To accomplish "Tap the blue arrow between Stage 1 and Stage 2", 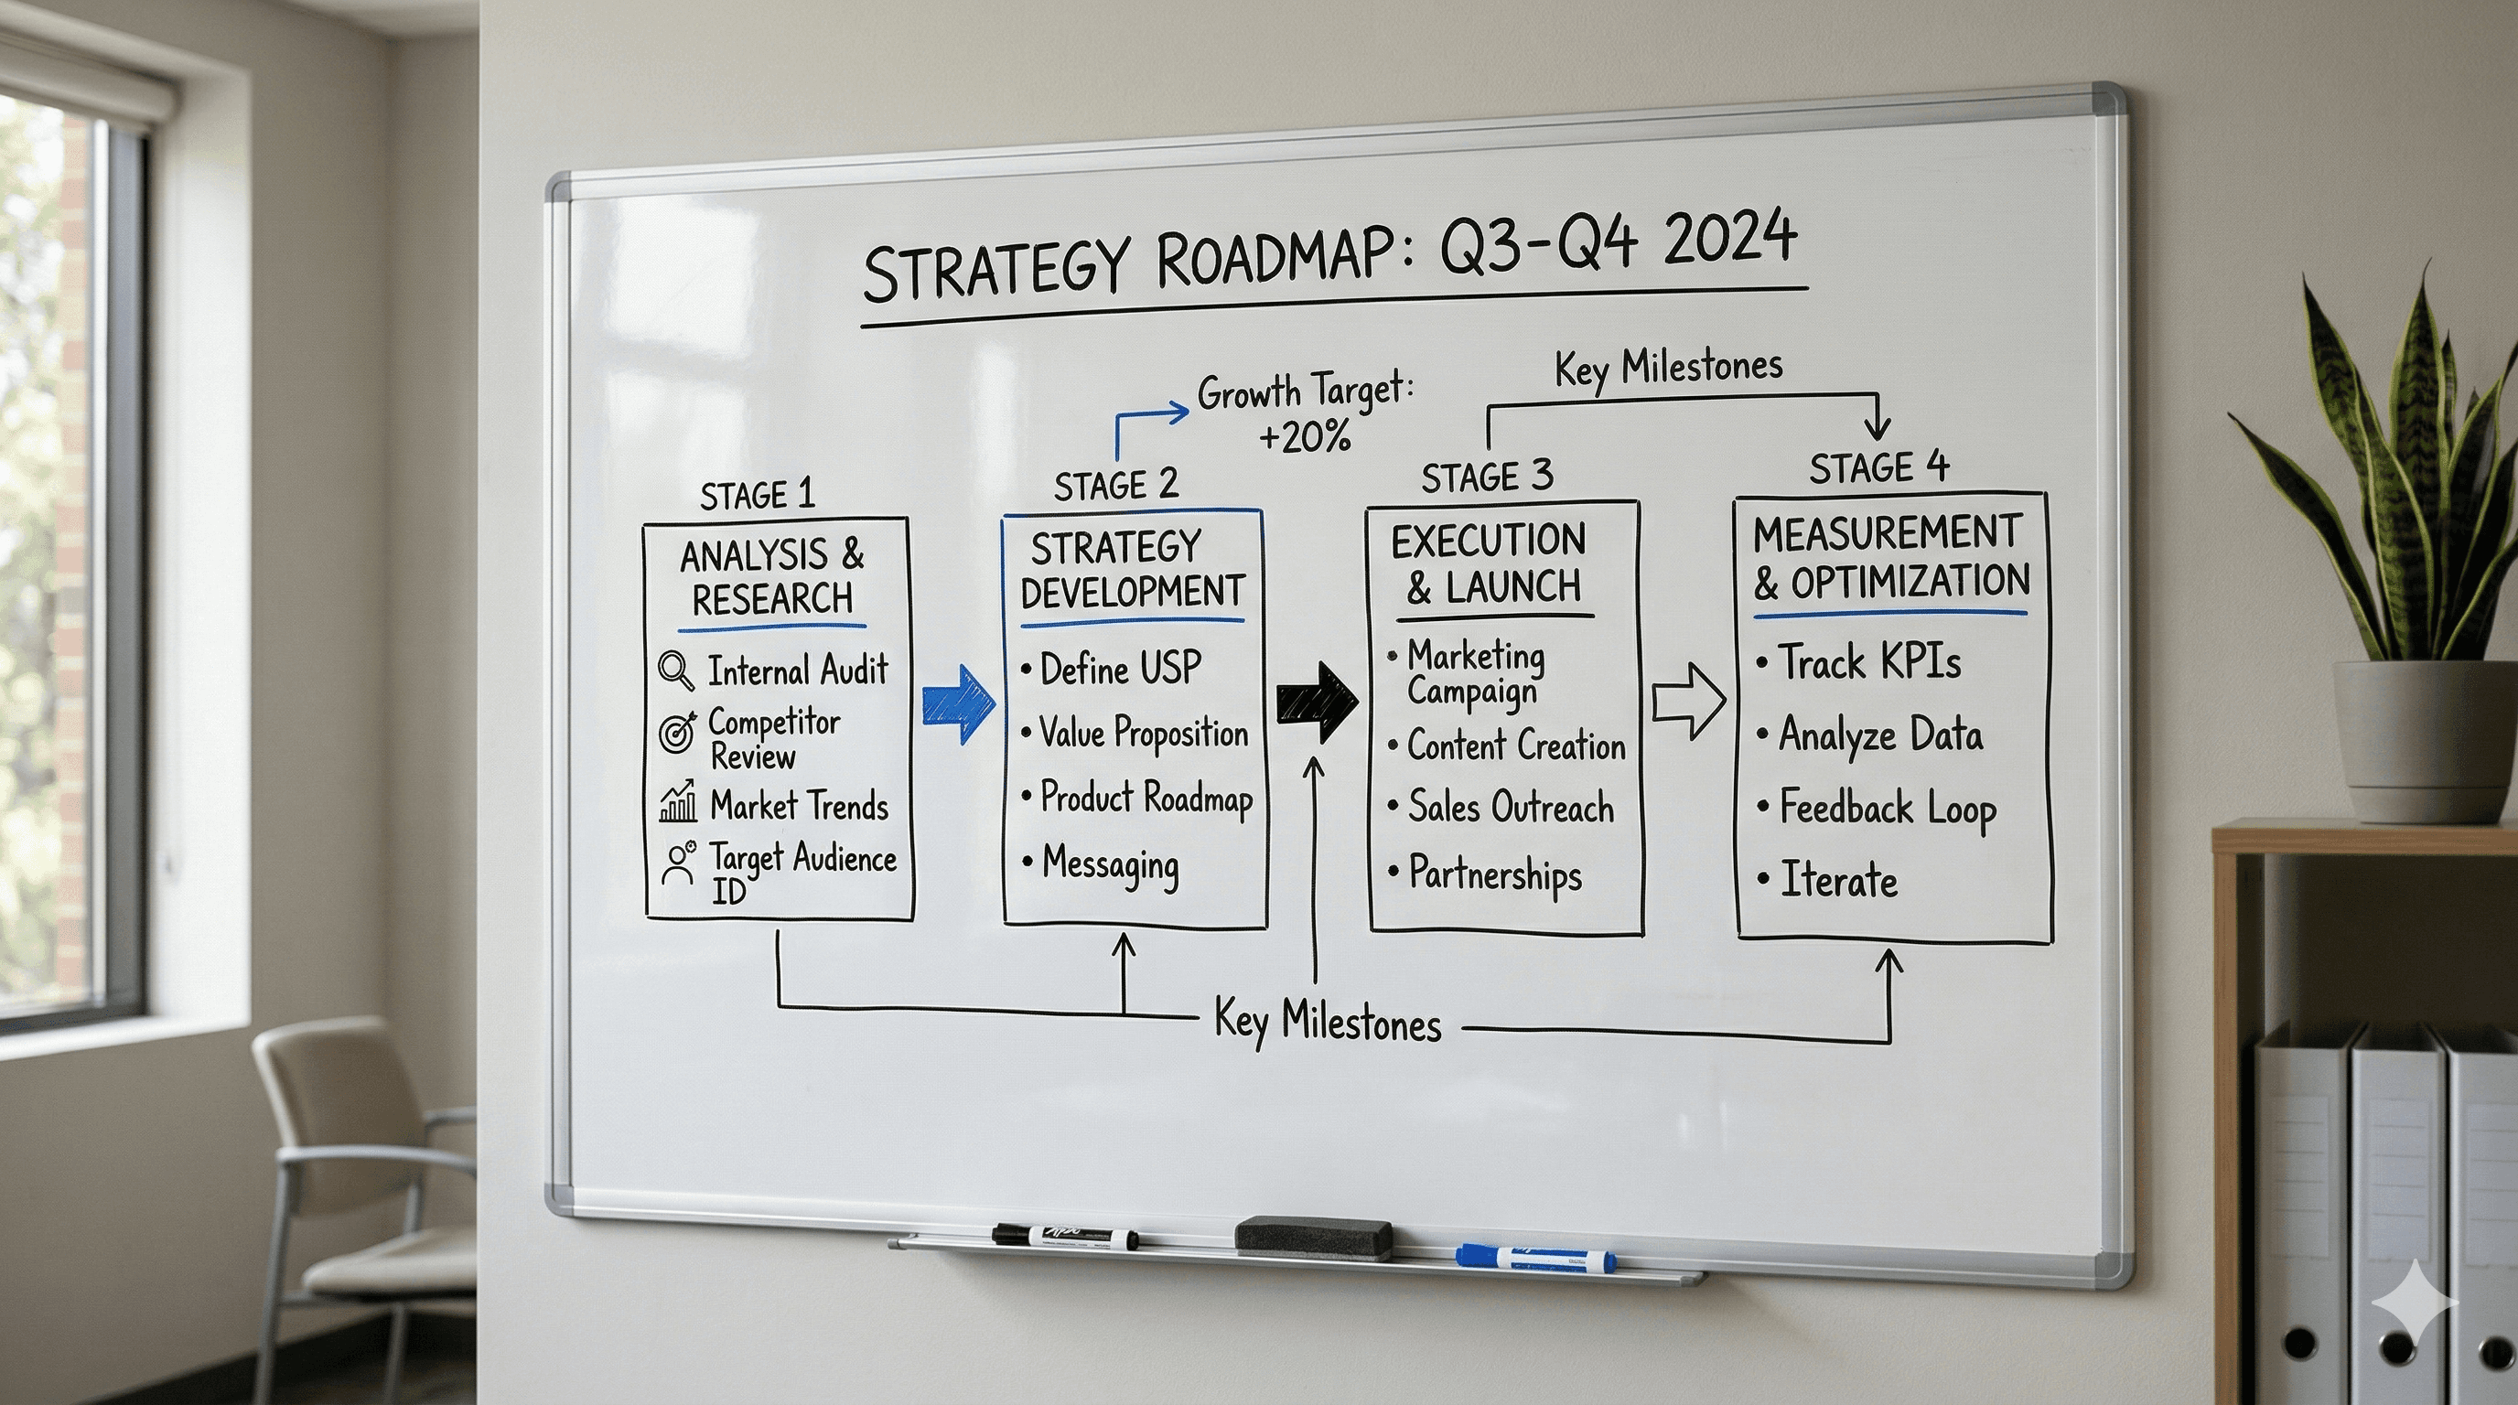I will [x=957, y=703].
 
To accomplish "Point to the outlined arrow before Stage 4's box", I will [x=1688, y=702].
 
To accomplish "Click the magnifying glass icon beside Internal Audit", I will [x=675, y=671].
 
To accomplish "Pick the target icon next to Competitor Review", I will [x=676, y=732].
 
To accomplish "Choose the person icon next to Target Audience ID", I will [x=677, y=863].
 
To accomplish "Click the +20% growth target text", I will [x=1305, y=434].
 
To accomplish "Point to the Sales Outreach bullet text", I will [x=1511, y=808].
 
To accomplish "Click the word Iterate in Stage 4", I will [x=1837, y=879].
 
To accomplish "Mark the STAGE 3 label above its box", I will [x=1486, y=477].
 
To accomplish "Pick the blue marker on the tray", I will [x=1534, y=1258].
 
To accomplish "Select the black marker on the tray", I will [x=1064, y=1236].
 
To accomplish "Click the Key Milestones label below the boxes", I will [x=1327, y=1021].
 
